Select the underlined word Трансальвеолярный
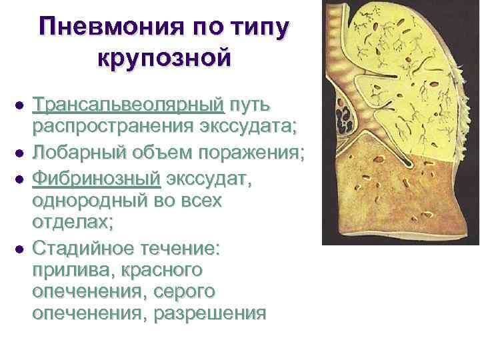click(x=129, y=105)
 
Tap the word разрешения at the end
click(x=210, y=314)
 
